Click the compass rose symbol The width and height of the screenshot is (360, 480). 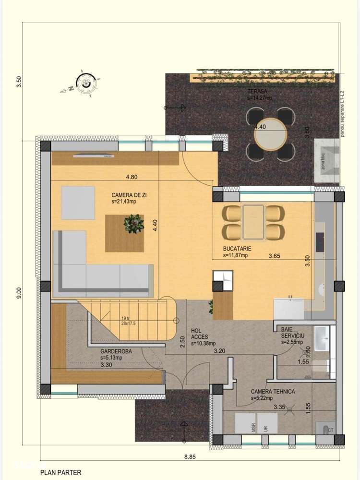[85, 83]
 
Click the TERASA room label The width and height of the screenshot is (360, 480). [257, 91]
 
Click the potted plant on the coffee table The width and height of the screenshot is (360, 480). [133, 224]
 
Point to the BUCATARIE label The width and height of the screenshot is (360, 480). [237, 250]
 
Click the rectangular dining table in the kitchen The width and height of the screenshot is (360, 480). [253, 221]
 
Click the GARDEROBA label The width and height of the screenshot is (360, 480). [117, 351]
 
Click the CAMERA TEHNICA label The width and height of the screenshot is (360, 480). [273, 392]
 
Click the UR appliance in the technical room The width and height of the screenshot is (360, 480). [266, 427]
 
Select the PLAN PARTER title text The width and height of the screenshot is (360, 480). [60, 473]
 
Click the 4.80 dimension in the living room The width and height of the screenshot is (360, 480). [132, 177]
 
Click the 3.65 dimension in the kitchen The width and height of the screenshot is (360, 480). [274, 256]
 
